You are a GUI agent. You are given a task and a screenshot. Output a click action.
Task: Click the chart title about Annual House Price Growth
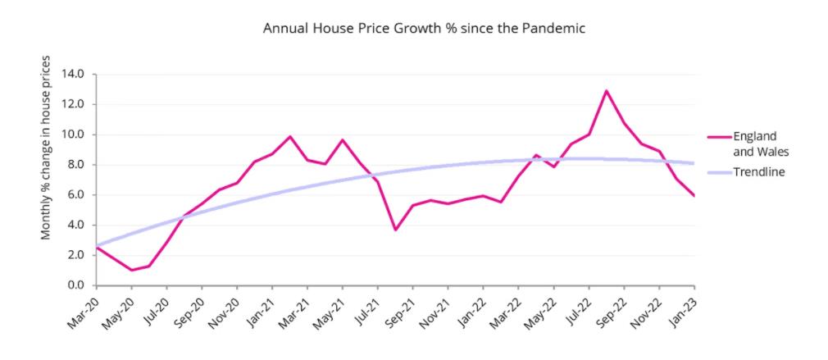tap(423, 29)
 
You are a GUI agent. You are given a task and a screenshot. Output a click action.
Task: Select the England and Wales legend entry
tap(754, 142)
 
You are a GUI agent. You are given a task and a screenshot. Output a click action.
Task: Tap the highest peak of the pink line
tap(607, 91)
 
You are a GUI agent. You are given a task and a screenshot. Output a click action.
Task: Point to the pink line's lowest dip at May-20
tap(131, 270)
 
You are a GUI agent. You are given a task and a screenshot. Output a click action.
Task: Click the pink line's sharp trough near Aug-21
tap(395, 230)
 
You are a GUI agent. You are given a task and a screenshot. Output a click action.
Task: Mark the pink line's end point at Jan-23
tap(694, 195)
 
